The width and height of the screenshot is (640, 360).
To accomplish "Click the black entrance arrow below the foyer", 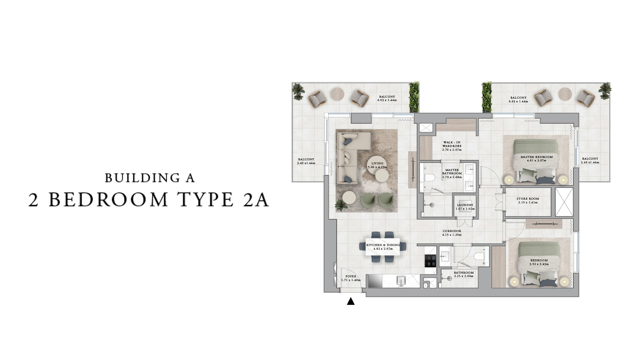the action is tap(351, 301).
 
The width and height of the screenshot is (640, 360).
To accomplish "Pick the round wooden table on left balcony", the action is tap(337, 94).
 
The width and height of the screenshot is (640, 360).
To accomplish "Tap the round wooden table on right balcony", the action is tap(565, 94).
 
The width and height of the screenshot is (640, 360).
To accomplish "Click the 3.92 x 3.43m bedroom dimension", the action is tap(539, 264).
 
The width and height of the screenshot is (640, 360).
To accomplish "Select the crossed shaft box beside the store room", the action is tap(564, 202).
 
